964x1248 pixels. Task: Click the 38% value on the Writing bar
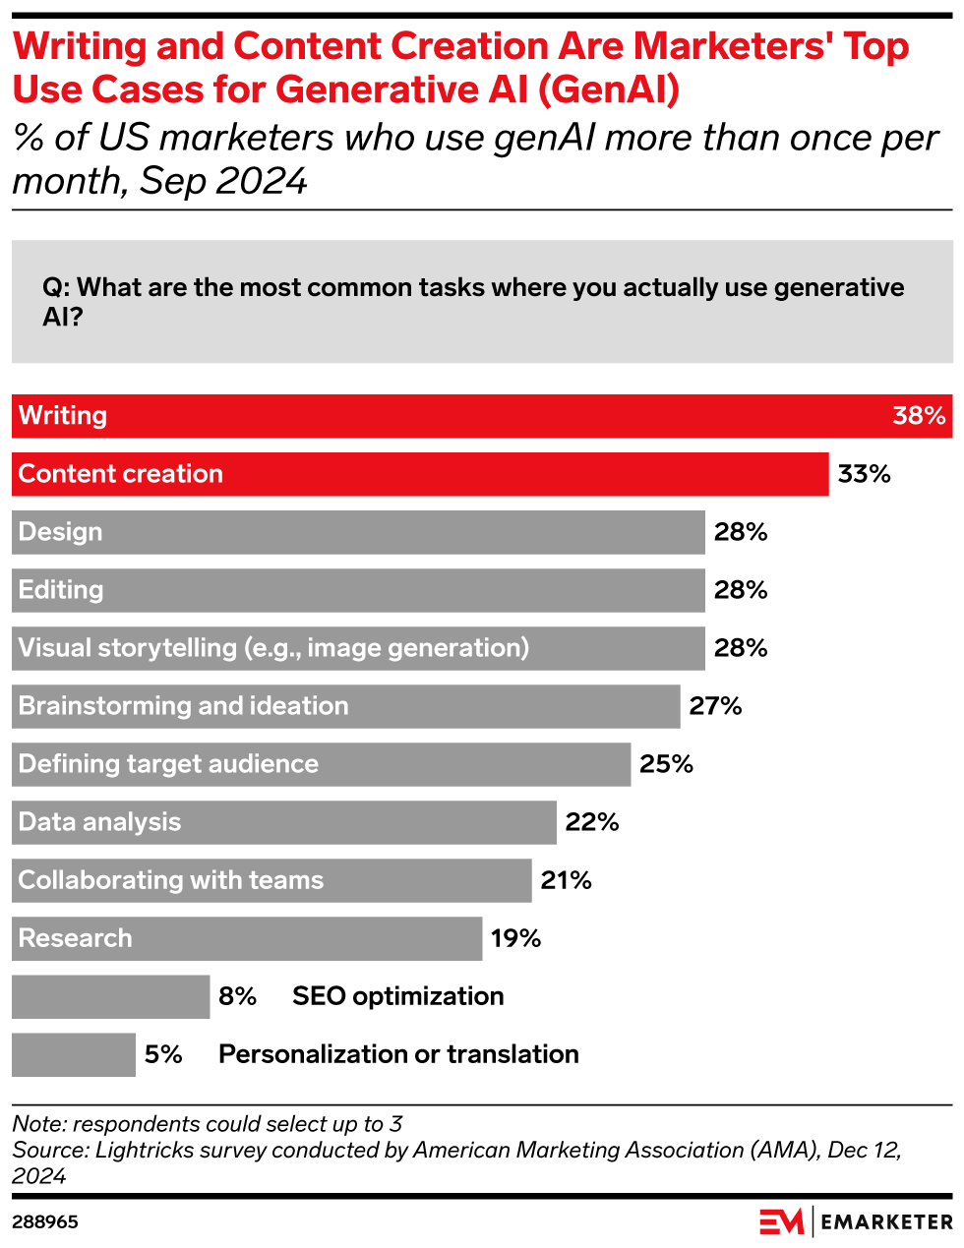click(x=919, y=416)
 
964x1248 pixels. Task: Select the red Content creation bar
click(x=420, y=474)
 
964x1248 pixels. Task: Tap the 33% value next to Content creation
click(x=864, y=474)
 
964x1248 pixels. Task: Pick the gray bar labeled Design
click(x=358, y=532)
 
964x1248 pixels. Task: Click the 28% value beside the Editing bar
click(x=741, y=590)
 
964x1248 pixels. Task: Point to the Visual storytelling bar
click(x=358, y=648)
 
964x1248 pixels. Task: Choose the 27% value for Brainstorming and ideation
click(x=715, y=706)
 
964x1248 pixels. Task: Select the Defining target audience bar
click(x=321, y=764)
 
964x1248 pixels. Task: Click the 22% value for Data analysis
click(x=592, y=822)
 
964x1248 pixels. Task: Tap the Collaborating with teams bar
click(x=271, y=880)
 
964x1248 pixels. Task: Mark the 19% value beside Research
click(x=516, y=938)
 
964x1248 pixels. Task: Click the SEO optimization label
click(x=397, y=996)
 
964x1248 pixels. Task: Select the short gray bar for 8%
click(x=110, y=996)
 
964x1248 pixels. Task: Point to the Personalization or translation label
click(x=398, y=1054)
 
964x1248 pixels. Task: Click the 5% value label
click(x=163, y=1054)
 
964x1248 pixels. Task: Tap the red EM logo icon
click(x=781, y=1221)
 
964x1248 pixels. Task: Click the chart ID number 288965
click(x=45, y=1222)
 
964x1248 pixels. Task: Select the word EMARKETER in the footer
click(x=886, y=1222)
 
